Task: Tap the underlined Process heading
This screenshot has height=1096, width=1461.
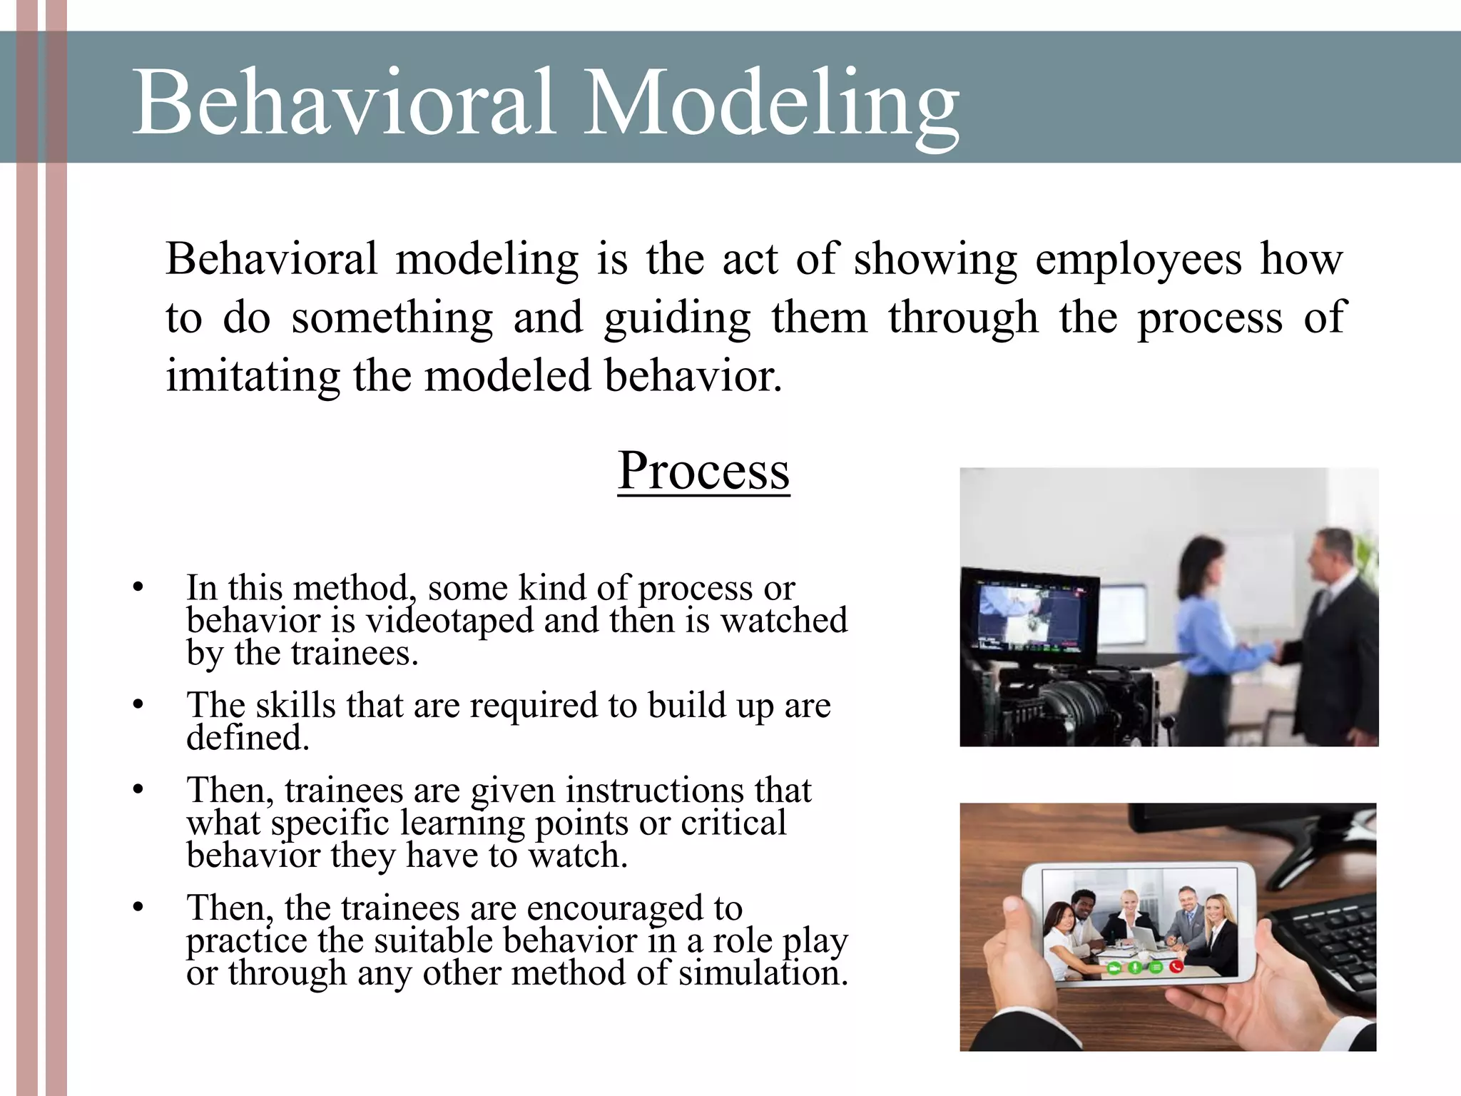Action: click(x=703, y=471)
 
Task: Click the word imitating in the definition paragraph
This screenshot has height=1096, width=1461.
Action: click(x=252, y=376)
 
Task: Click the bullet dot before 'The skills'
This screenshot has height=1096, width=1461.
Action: click(x=138, y=705)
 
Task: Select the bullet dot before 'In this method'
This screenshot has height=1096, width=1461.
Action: click(x=138, y=588)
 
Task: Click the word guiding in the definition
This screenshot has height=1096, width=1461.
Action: click(x=676, y=318)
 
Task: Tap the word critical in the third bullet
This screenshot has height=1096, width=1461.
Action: click(x=733, y=823)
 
